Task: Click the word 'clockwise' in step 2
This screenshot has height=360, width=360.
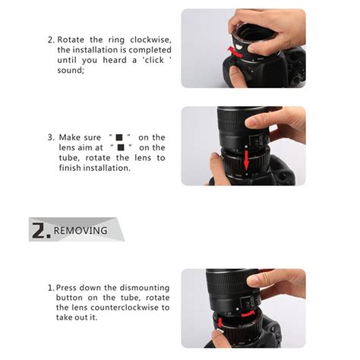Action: [147, 39]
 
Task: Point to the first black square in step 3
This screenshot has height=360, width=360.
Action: [118, 137]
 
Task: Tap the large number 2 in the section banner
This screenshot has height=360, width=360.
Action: [41, 229]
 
